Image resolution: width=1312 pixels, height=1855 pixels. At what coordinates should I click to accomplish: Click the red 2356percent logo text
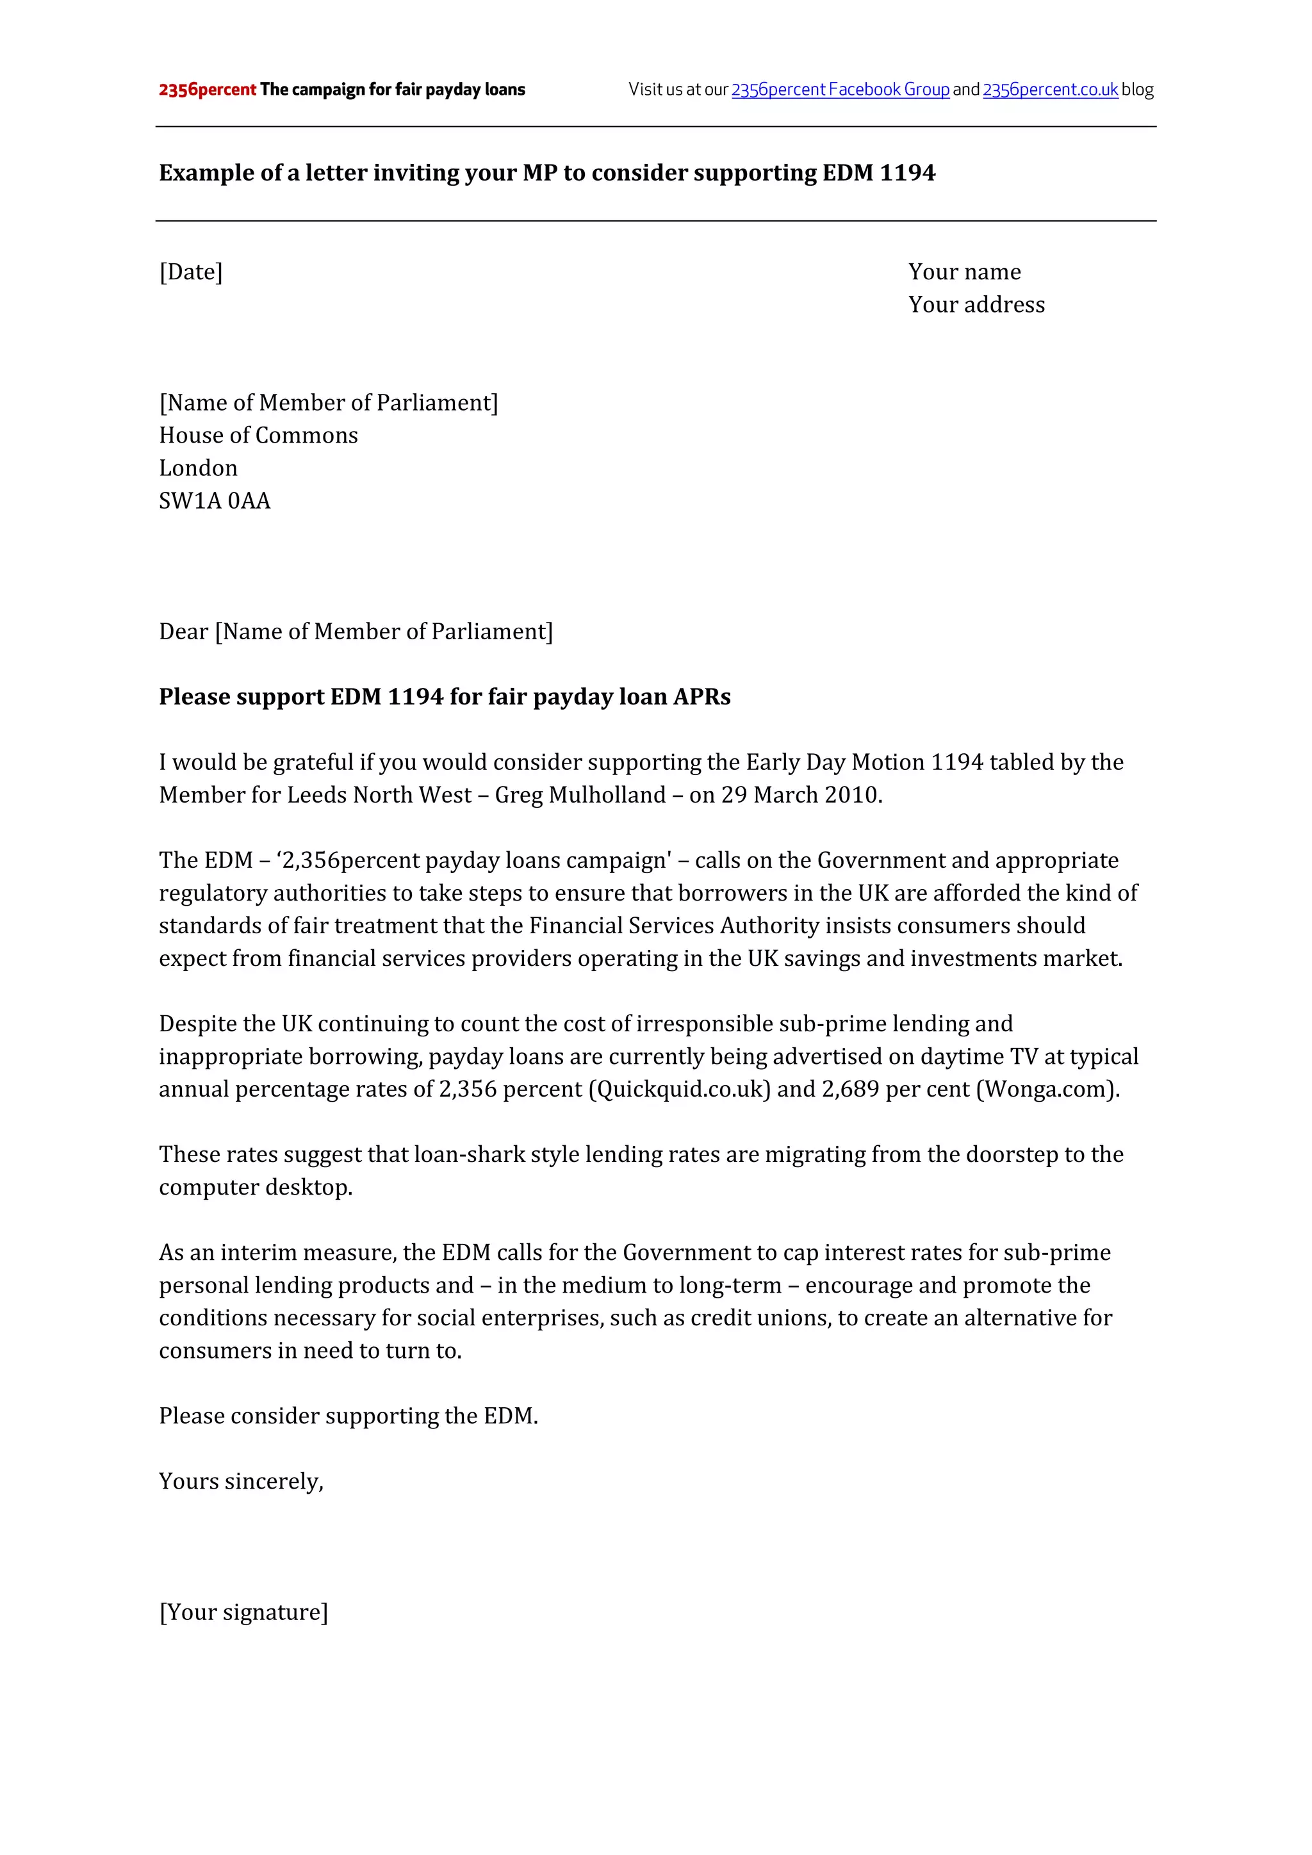207,90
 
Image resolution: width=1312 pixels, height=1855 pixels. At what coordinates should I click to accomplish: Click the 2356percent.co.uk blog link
1049,90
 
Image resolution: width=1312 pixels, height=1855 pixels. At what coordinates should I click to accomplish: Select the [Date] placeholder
191,272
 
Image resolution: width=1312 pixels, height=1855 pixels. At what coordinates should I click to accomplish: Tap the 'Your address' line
976,305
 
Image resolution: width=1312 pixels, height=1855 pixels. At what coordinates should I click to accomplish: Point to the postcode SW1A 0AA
214,501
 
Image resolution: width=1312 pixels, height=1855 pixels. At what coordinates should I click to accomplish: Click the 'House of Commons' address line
258,436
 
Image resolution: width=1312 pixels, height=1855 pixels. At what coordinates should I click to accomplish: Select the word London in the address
198,469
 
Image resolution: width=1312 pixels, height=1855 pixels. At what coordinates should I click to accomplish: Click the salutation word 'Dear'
183,632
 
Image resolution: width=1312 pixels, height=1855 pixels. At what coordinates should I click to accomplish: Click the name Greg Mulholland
580,795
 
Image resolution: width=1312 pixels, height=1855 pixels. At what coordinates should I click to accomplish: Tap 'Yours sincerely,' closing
241,1482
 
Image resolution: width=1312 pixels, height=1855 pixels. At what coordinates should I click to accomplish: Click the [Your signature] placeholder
243,1613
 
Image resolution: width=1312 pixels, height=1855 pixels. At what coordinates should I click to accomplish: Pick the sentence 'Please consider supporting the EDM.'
348,1416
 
